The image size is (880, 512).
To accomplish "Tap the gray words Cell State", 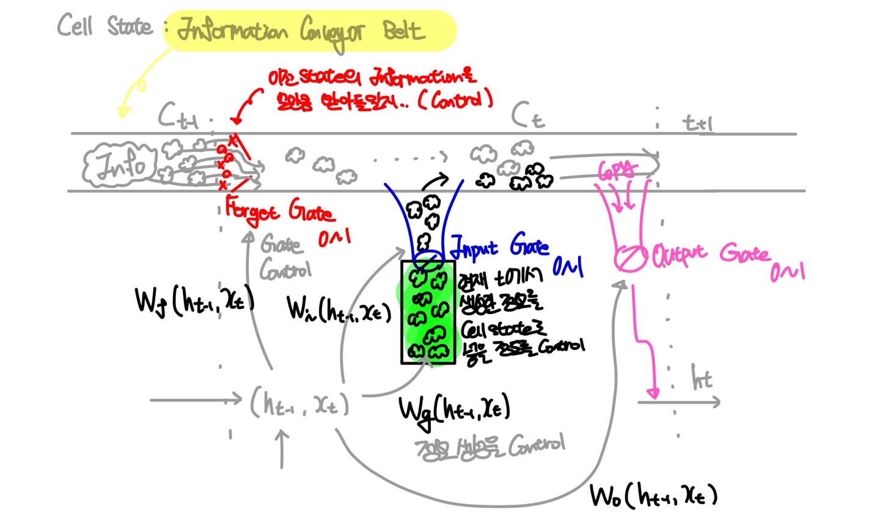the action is pos(104,26).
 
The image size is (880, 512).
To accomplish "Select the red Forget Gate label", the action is pos(279,213).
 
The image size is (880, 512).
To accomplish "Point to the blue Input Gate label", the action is pos(499,248).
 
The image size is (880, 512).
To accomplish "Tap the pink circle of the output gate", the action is pos(629,257).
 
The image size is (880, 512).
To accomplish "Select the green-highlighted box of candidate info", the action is pos(428,312).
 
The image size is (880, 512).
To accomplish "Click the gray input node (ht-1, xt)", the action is pos(299,403).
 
